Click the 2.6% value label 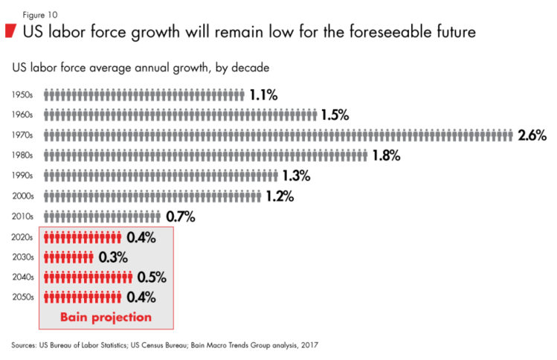pyautogui.click(x=532, y=135)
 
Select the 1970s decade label pyautogui.click(x=22, y=135)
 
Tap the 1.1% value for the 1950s pyautogui.click(x=263, y=94)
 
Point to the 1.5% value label pyautogui.click(x=335, y=115)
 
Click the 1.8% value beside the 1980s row pyautogui.click(x=386, y=155)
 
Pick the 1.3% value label pyautogui.click(x=296, y=176)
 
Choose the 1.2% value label pyautogui.click(x=280, y=196)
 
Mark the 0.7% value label pyautogui.click(x=180, y=216)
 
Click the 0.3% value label pyautogui.click(x=112, y=257)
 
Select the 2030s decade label pyautogui.click(x=22, y=257)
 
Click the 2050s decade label pyautogui.click(x=22, y=298)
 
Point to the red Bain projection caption pyautogui.click(x=106, y=317)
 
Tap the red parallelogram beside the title pyautogui.click(x=10, y=31)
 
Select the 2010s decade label pyautogui.click(x=22, y=216)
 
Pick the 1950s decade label pyautogui.click(x=22, y=94)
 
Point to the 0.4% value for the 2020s pyautogui.click(x=141, y=237)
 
